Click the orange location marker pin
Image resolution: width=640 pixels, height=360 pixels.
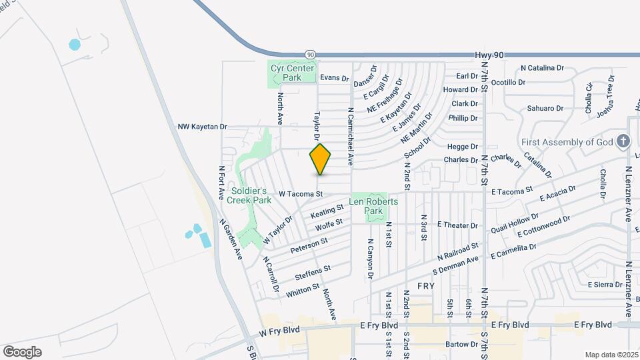coord(321,159)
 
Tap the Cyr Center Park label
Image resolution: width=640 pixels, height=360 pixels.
coord(286,72)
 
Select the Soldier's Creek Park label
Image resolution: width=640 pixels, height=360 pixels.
coord(249,195)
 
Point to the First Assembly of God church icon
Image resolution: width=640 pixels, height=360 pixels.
coord(623,141)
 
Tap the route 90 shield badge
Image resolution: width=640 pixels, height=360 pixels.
coord(311,53)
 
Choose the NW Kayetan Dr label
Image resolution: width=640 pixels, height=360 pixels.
coord(203,127)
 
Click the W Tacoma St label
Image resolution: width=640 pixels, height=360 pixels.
coord(301,194)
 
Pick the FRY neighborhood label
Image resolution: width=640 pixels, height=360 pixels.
coord(426,285)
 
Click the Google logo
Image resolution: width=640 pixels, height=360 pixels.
coord(22,351)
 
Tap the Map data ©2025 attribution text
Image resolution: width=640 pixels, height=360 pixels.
coord(611,355)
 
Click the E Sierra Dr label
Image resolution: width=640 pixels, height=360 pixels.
coord(605,285)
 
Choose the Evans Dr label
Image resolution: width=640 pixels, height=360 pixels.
coord(335,78)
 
